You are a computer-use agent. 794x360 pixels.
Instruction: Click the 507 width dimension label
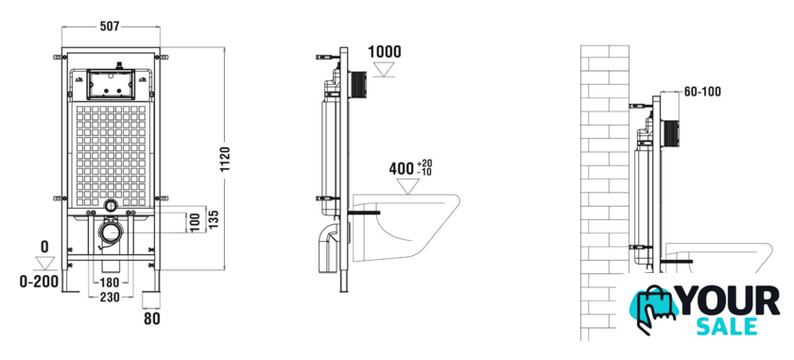click(x=110, y=26)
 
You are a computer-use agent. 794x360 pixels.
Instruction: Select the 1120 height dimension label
click(x=225, y=160)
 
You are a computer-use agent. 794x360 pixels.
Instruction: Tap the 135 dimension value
click(x=214, y=218)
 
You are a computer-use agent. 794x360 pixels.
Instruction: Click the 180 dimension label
click(x=110, y=283)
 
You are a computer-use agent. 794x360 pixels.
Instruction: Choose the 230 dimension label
click(x=110, y=298)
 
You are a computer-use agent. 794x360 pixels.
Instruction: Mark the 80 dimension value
click(x=152, y=319)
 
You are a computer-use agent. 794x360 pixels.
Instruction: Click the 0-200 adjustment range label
click(x=39, y=282)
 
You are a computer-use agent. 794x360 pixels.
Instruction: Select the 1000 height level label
click(x=384, y=52)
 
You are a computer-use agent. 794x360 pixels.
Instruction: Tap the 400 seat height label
click(x=402, y=168)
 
